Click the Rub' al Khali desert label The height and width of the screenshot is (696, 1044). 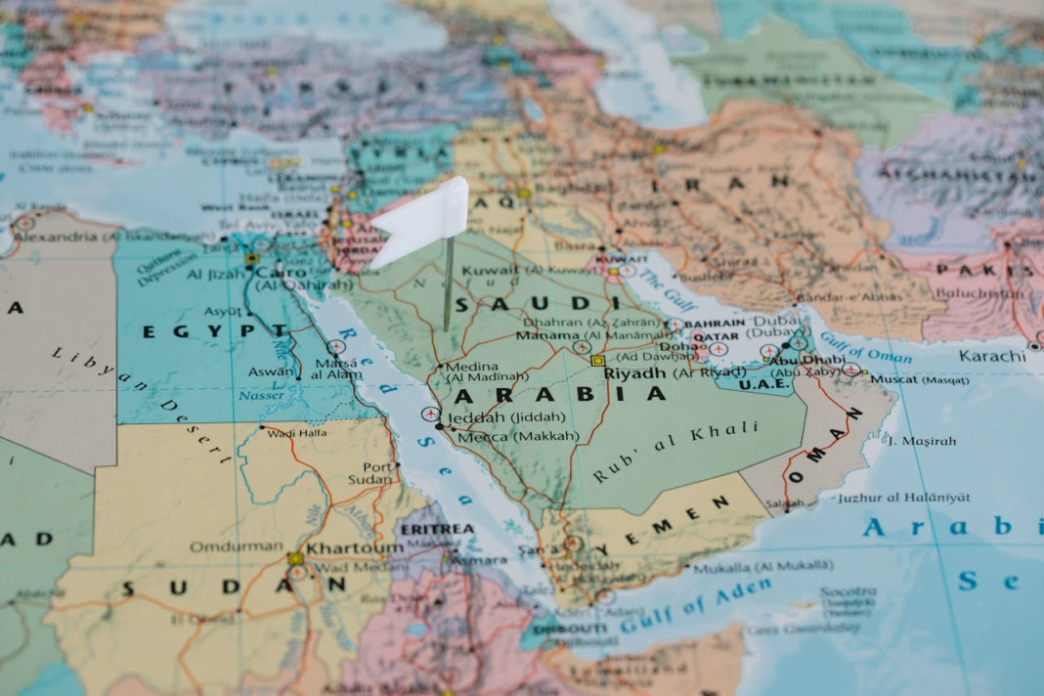(x=674, y=453)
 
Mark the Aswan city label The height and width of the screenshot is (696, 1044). (x=270, y=371)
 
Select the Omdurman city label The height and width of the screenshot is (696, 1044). (x=223, y=546)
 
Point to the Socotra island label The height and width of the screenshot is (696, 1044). (x=848, y=592)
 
